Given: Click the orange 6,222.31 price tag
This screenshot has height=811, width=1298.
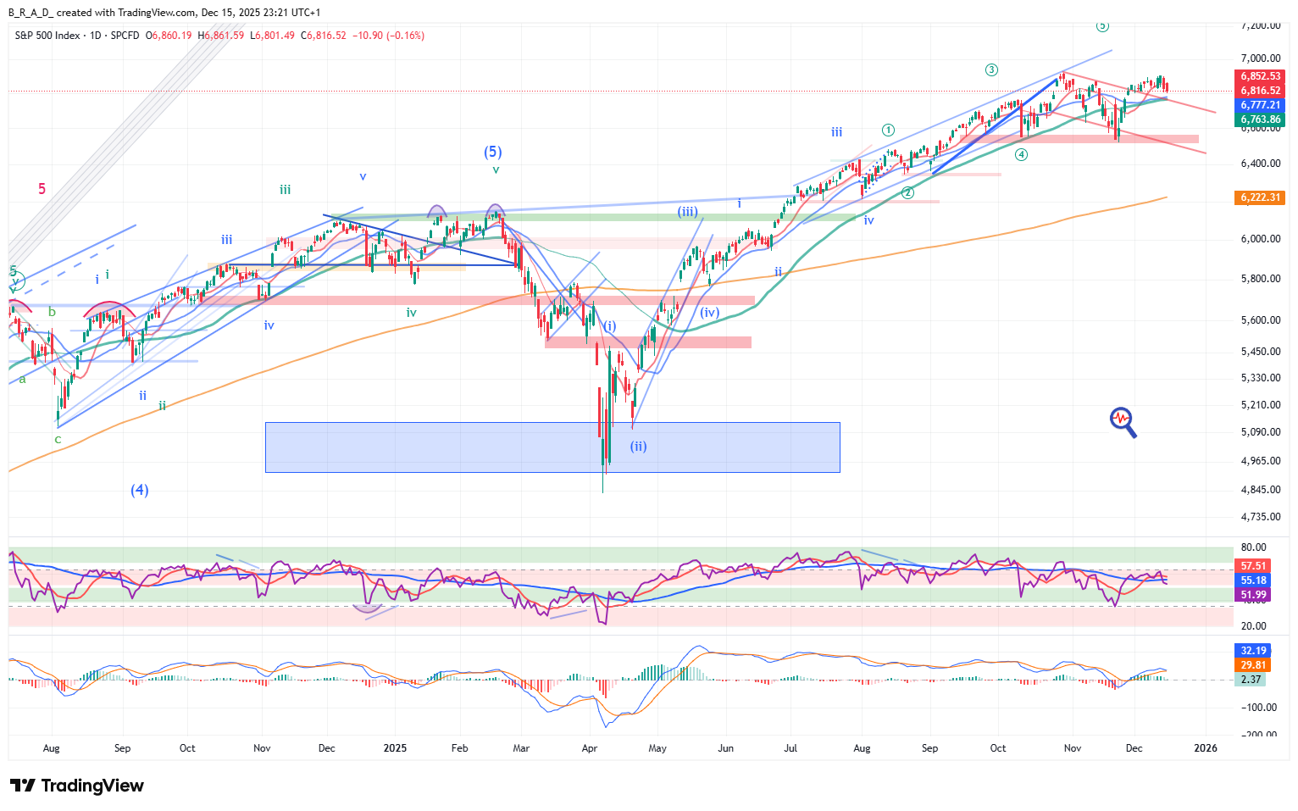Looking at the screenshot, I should coord(1261,197).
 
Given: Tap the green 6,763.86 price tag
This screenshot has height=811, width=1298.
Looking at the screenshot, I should coord(1261,119).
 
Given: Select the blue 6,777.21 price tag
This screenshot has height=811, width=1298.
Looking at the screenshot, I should coord(1261,105).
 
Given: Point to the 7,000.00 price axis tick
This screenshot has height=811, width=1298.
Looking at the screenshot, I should coord(1261,58).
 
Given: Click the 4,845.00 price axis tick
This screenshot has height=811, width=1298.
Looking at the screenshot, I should coord(1261,490).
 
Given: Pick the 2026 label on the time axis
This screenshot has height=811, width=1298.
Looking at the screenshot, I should coord(1205,748).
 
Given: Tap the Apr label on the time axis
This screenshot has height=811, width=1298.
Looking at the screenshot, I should coord(590,748).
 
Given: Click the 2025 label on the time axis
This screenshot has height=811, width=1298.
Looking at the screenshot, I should coord(395,748).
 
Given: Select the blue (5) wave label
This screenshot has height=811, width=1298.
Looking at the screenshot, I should coord(493,152).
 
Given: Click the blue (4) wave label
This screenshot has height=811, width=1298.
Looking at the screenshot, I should coord(140,490).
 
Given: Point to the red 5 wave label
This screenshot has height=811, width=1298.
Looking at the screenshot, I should coord(42,189).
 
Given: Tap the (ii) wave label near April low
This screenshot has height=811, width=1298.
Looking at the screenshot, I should coord(638,446).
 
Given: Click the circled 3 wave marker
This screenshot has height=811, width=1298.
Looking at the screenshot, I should coord(991,70).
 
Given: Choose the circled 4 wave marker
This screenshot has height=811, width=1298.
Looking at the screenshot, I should coord(1022,154).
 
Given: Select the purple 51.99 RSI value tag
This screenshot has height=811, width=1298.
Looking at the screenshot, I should coord(1253,595).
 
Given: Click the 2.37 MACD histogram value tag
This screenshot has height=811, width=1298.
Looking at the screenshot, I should coord(1251,679).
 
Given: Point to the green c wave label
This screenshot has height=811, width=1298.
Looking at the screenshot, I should coord(58,439).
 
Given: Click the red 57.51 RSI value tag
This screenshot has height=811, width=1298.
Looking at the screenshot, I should coord(1253,566).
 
